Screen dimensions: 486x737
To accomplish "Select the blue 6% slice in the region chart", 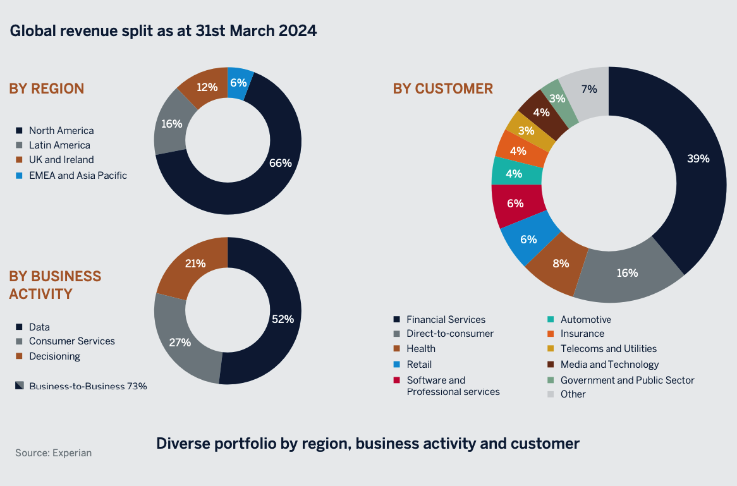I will pos(239,82).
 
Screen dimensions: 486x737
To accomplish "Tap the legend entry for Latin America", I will pos(59,145).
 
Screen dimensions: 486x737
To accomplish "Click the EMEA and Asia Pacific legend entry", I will pos(78,176).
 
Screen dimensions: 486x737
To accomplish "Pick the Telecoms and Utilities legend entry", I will pos(608,349).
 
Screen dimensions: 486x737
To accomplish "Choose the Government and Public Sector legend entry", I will pos(627,380).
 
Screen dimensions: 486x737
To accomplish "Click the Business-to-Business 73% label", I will pos(88,386).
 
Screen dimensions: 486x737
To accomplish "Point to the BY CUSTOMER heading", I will pos(442,88).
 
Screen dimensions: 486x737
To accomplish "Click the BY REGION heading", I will pos(46,88).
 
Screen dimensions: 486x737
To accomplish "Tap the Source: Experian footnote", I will pos(53,453).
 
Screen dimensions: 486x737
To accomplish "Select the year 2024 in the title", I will pos(296,31).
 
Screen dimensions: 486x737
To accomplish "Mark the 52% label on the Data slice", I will pos(283,319).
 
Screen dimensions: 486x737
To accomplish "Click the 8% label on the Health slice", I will pos(561,264).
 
